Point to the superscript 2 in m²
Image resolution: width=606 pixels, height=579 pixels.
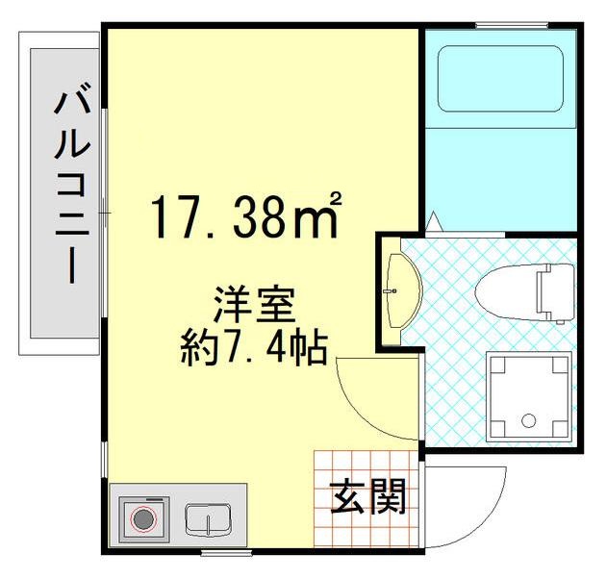(x=337, y=199)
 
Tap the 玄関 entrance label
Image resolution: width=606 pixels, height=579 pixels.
(x=368, y=497)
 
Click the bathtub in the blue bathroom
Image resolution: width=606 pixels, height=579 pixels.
(x=500, y=79)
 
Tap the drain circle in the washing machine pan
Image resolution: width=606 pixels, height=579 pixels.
(x=527, y=419)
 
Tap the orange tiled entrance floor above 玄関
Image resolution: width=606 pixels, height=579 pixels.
(x=366, y=463)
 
